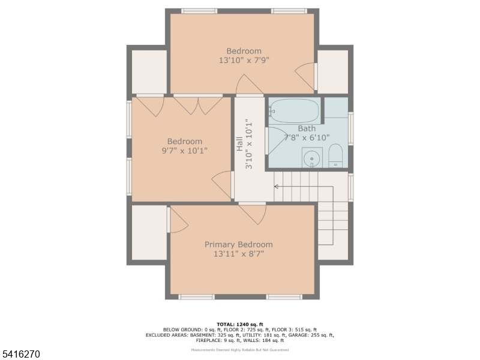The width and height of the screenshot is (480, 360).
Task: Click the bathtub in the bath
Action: [294, 110]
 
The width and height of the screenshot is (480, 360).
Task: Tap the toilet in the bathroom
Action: [335, 156]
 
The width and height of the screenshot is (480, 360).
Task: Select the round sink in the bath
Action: [312, 158]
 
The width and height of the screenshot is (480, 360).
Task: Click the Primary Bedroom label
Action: [238, 244]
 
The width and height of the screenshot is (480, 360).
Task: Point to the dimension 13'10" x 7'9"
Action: [244, 60]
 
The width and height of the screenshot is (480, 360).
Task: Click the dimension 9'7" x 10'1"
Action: [184, 151]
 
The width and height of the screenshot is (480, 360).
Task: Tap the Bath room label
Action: [307, 128]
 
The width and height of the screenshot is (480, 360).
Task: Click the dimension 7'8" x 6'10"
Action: [307, 137]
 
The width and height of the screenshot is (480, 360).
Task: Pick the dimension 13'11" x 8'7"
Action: [238, 254]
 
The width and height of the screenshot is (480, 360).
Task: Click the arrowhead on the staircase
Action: [276, 187]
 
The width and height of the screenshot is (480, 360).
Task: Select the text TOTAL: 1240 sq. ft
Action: [239, 324]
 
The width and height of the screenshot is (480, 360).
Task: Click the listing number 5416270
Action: [20, 355]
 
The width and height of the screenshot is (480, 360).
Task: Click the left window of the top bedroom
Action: [199, 11]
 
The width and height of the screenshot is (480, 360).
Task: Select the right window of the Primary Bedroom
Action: [284, 296]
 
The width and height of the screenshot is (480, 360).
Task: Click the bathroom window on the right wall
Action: [351, 128]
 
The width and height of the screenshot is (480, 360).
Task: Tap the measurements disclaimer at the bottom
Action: [239, 350]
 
